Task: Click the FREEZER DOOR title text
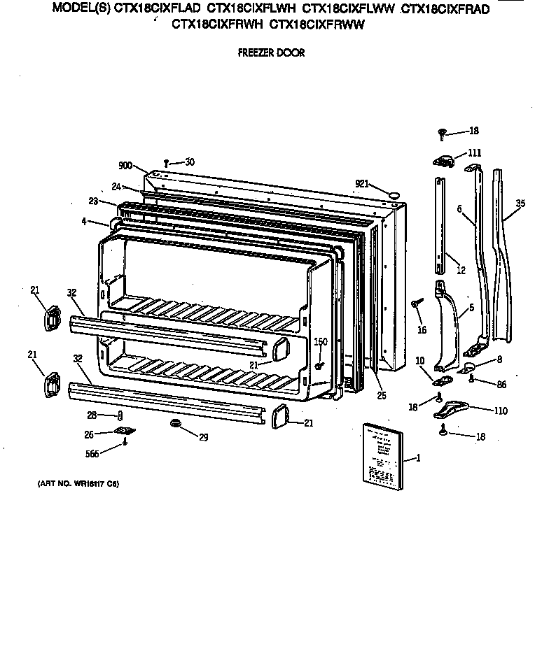point(271,53)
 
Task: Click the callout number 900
point(126,166)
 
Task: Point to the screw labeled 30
point(167,163)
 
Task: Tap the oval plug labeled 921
point(394,190)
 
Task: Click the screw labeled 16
point(417,303)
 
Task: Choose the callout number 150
point(321,341)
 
